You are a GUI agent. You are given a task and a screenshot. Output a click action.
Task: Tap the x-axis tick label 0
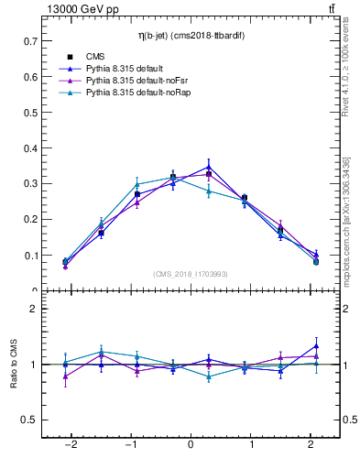(191, 445)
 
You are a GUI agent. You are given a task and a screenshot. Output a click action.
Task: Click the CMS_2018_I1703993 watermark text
(190, 273)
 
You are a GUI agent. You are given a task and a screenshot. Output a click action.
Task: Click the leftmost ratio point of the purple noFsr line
(65, 376)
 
